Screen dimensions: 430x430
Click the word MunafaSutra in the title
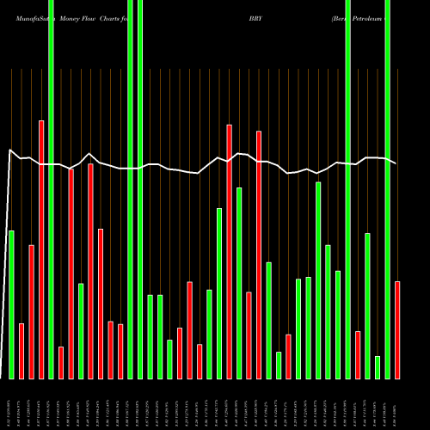(27, 17)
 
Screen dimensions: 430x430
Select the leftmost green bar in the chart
(11, 304)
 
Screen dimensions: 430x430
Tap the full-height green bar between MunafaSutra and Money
(51, 189)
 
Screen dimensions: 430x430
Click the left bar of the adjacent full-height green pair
(131, 189)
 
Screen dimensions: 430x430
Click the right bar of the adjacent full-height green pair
(140, 189)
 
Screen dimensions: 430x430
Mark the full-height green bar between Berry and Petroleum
(348, 189)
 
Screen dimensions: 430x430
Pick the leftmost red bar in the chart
(21, 351)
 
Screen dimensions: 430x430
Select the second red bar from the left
(32, 311)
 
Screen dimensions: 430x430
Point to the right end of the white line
(396, 163)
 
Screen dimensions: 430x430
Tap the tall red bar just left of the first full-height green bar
(41, 249)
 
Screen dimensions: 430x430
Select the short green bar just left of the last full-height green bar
(378, 367)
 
